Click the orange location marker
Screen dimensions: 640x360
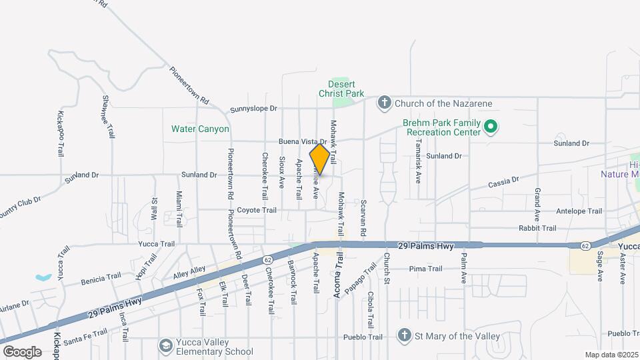[320, 159]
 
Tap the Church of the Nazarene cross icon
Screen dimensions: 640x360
[384, 103]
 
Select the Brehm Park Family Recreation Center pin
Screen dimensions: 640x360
[491, 126]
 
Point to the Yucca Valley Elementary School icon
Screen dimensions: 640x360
[164, 345]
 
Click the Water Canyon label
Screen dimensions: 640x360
[200, 129]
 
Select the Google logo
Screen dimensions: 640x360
[22, 351]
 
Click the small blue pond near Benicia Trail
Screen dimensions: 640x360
[43, 277]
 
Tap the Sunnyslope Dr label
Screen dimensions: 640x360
[253, 108]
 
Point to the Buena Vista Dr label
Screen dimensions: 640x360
[301, 142]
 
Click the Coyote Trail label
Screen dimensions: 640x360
[257, 210]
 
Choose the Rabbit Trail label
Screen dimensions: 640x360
[537, 228]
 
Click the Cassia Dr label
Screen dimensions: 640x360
[503, 181]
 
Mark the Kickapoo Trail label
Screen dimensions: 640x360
[60, 134]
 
